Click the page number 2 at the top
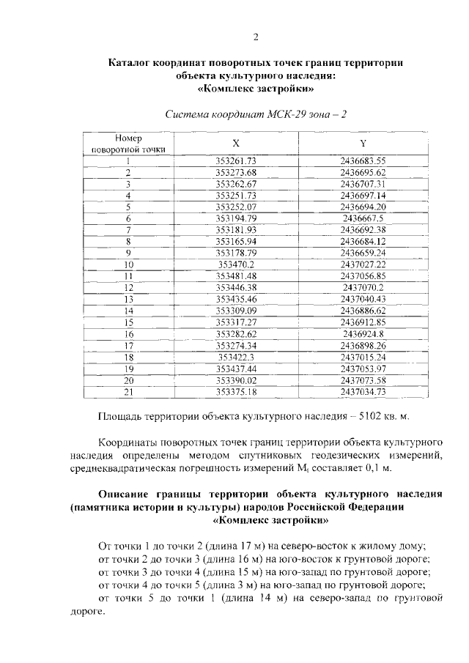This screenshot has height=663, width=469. click(x=256, y=37)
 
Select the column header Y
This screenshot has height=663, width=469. click(x=363, y=143)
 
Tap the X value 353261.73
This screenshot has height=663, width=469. click(x=236, y=160)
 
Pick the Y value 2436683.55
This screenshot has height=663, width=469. click(x=363, y=160)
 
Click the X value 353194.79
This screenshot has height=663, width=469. click(x=236, y=218)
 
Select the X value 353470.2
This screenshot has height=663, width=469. click(x=236, y=264)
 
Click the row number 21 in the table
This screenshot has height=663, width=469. click(x=128, y=392)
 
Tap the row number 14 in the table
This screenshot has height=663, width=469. click(x=128, y=311)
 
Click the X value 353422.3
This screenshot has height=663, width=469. click(x=236, y=357)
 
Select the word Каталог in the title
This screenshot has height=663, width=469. click(x=133, y=63)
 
